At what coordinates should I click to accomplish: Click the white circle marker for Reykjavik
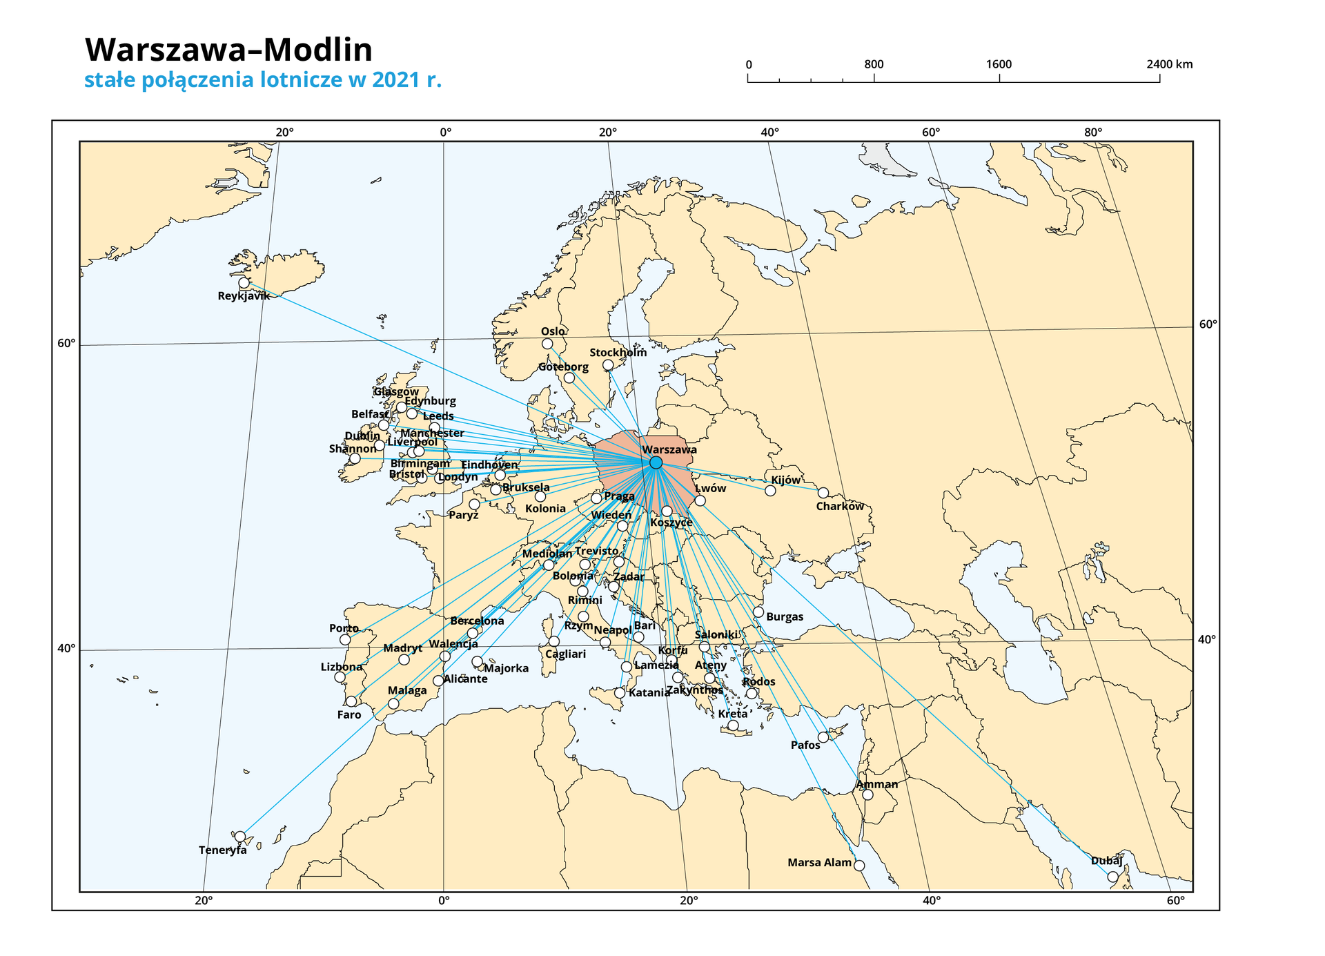pos(244,283)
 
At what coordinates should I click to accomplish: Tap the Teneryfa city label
pos(222,850)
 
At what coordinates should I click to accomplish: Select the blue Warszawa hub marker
pos(656,462)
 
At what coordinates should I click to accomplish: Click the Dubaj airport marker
pos(1112,877)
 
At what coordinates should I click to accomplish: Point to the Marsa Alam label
pos(819,863)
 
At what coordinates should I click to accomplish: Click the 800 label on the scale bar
pos(874,65)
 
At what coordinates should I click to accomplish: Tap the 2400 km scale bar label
pos(1169,65)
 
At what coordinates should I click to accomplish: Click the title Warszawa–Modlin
pos(228,50)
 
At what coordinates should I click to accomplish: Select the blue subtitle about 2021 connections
pos(262,80)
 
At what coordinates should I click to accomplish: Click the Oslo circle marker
pos(547,344)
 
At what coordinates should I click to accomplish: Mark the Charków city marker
pos(823,493)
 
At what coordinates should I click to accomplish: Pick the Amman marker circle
pos(867,795)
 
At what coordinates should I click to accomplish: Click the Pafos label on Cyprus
pos(805,745)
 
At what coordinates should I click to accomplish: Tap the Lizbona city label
pos(341,667)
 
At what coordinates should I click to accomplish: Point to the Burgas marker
pos(758,612)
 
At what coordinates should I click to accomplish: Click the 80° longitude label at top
pos(1092,133)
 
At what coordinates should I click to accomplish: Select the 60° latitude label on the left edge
pos(66,344)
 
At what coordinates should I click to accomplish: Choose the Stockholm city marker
pos(608,365)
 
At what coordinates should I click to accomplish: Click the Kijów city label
pos(785,480)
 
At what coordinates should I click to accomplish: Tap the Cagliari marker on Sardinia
pos(554,641)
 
